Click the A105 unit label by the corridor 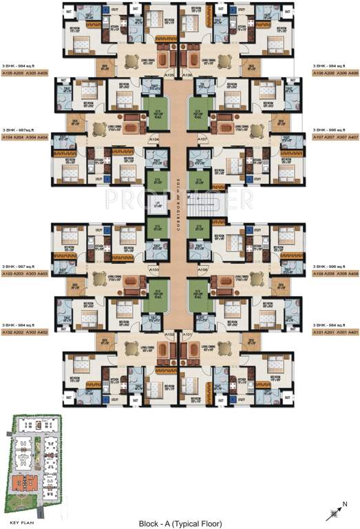coord(169,74)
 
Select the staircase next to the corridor coord(201,204)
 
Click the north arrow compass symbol coord(336,511)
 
